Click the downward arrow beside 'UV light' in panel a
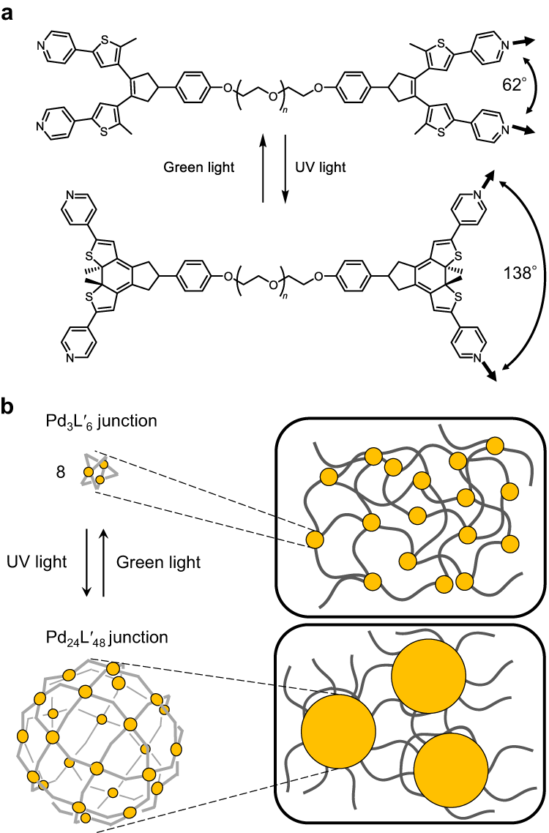point(285,168)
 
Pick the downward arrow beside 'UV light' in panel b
point(87,561)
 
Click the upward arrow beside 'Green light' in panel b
point(103,561)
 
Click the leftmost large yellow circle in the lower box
point(338,729)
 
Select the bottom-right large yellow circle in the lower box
point(450,769)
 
